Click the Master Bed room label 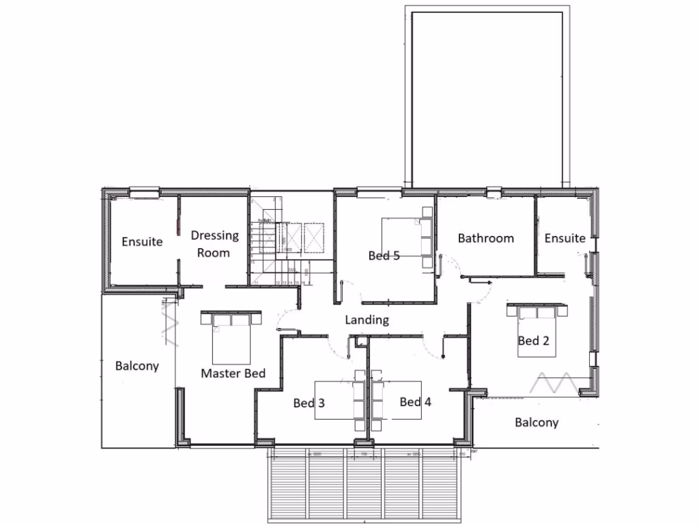(233, 373)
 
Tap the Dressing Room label (214, 243)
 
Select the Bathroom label (485, 238)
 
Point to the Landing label (367, 319)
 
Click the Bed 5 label (384, 256)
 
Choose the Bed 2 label (533, 340)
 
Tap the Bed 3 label (309, 403)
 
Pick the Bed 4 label (415, 402)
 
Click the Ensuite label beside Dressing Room (142, 241)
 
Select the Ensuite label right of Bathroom (565, 238)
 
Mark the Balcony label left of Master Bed (137, 366)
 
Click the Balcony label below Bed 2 (537, 422)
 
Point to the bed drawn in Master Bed (231, 338)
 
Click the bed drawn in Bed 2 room (536, 329)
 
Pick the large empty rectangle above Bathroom (487, 96)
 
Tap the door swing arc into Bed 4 (430, 347)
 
